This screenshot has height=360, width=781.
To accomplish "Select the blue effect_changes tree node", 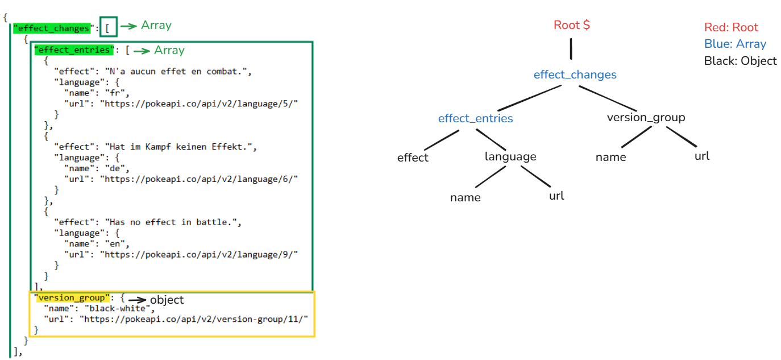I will pyautogui.click(x=575, y=75).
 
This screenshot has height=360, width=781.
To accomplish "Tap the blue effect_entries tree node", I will pyautogui.click(x=475, y=118).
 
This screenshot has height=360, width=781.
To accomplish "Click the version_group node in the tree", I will pyautogui.click(x=646, y=118).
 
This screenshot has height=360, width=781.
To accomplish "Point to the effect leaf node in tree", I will pyautogui.click(x=413, y=158).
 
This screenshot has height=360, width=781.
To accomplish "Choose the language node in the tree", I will pyautogui.click(x=510, y=156).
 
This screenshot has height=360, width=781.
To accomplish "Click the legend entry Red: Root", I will pyautogui.click(x=731, y=27).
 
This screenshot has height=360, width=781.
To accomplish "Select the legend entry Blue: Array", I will pyautogui.click(x=735, y=44).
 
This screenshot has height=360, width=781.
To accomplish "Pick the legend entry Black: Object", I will pyautogui.click(x=740, y=60).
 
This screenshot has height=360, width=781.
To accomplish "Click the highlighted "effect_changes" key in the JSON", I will pyautogui.click(x=52, y=28).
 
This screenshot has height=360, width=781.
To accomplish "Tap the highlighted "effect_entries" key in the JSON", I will pyautogui.click(x=74, y=50).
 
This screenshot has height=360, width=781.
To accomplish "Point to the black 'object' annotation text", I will pyautogui.click(x=167, y=299).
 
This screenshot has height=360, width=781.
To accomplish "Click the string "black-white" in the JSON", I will pyautogui.click(x=119, y=309).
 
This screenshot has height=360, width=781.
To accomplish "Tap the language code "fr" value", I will pyautogui.click(x=119, y=93).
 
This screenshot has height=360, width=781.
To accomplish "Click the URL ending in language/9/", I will pyautogui.click(x=199, y=254).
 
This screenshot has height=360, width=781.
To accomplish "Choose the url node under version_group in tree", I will pyautogui.click(x=702, y=156).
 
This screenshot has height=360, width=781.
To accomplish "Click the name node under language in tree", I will pyautogui.click(x=465, y=197).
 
